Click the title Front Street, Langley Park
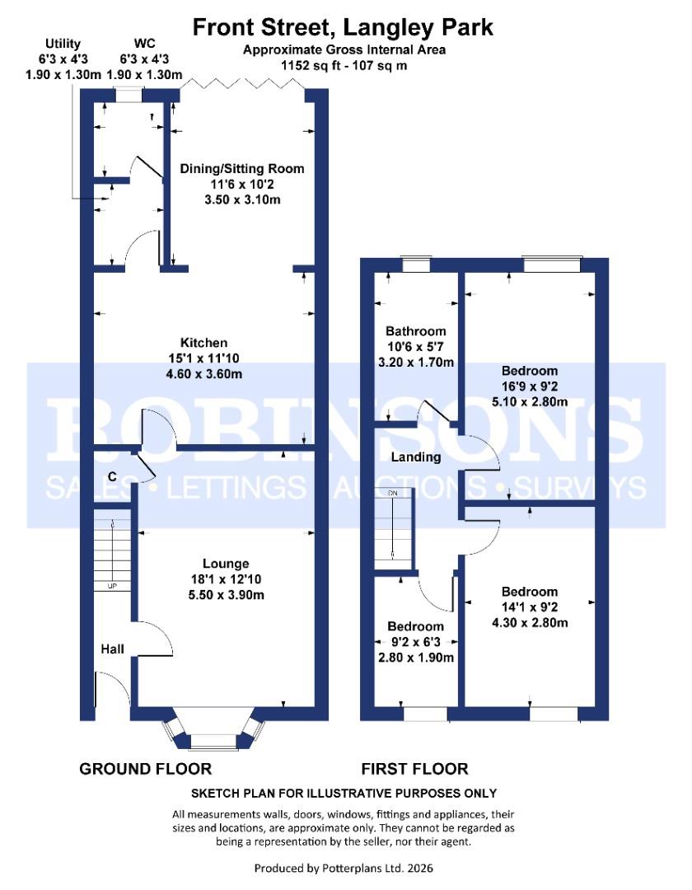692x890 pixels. [343, 27]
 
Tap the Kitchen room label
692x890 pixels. [204, 343]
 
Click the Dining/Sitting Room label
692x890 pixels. [242, 169]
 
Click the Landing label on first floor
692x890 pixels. [416, 457]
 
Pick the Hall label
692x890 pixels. [113, 649]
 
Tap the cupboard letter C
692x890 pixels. [111, 477]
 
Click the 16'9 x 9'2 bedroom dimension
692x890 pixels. [530, 386]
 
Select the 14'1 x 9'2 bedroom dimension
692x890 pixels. [530, 607]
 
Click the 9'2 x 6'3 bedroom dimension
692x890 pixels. [416, 642]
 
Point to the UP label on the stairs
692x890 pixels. [110, 587]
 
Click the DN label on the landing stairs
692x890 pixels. [393, 493]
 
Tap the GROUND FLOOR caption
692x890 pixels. [145, 769]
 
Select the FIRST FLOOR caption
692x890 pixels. [414, 769]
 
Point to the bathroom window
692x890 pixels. [415, 265]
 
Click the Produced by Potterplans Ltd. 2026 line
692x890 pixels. [343, 868]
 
